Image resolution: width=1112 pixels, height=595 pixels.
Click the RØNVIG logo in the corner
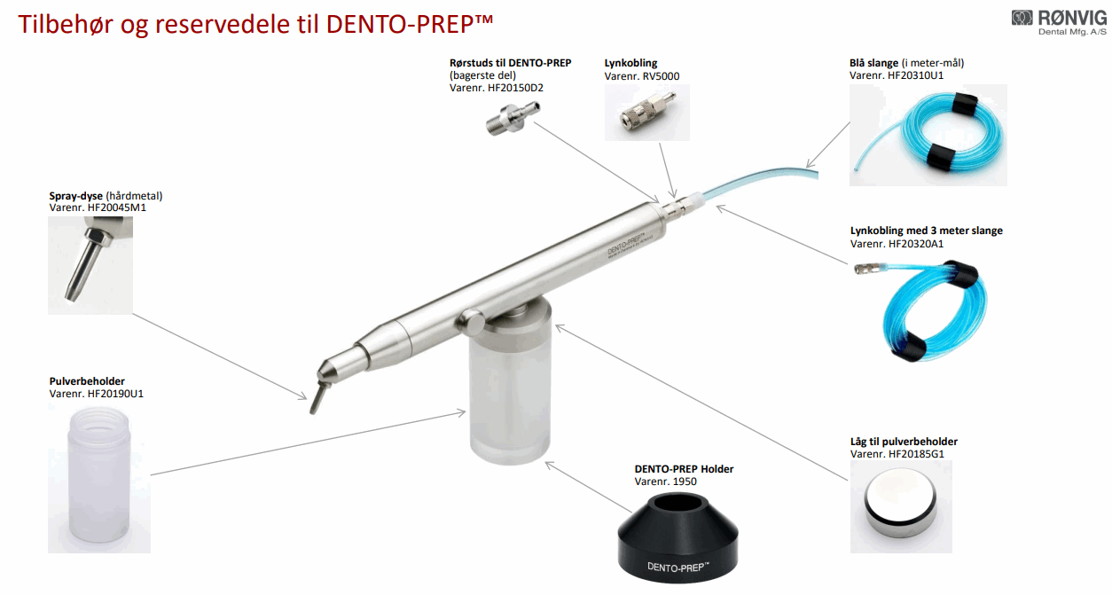(1059, 23)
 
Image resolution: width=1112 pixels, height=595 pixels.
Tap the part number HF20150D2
(516, 88)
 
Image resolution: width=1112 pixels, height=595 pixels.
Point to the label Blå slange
(873, 63)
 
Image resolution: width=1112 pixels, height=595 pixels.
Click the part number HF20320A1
(915, 244)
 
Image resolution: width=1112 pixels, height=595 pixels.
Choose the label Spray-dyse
(76, 196)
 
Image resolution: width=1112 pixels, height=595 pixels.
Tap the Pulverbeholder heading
(87, 381)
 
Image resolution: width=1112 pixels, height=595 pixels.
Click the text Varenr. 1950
(665, 481)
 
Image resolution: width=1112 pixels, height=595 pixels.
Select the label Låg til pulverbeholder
(904, 442)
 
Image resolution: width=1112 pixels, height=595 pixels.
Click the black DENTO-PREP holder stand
(677, 537)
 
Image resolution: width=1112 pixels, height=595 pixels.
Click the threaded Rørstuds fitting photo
(513, 117)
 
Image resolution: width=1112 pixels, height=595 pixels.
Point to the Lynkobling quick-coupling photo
(647, 112)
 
